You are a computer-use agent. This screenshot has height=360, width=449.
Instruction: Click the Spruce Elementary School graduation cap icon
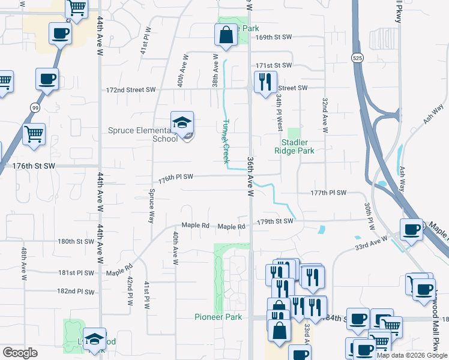pyautogui.click(x=182, y=123)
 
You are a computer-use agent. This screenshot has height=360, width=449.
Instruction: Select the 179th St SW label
pyautogui.click(x=275, y=221)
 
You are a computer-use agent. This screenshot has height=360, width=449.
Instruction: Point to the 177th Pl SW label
pyautogui.click(x=328, y=193)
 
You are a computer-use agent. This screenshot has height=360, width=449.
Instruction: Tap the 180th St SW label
pyautogui.click(x=76, y=242)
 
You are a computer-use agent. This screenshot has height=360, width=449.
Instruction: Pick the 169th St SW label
pyautogui.click(x=273, y=37)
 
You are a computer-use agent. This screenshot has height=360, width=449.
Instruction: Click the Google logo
pyautogui.click(x=20, y=353)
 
